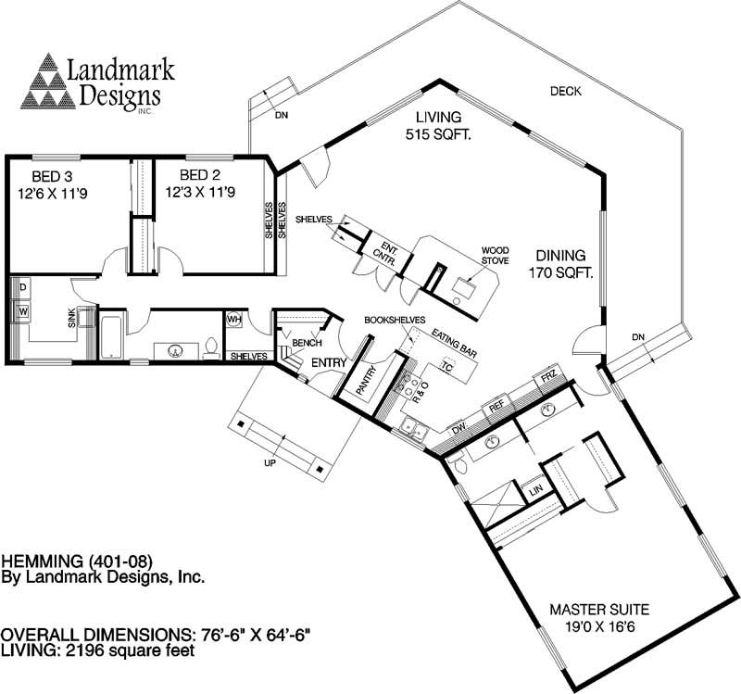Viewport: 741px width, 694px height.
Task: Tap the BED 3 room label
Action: [58, 184]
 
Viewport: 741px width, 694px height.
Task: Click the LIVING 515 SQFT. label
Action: [438, 126]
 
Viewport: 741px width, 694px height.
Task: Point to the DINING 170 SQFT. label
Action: [559, 264]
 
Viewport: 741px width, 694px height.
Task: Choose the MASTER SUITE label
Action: [599, 618]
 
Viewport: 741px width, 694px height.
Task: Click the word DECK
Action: [565, 91]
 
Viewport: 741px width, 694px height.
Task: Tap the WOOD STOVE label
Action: [494, 256]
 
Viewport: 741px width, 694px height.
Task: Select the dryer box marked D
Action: [21, 288]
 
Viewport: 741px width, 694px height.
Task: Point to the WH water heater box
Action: [233, 320]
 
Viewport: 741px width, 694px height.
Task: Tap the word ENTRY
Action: [328, 361]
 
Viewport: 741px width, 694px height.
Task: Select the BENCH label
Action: [307, 343]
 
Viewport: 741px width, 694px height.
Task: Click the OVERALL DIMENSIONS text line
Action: [155, 635]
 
